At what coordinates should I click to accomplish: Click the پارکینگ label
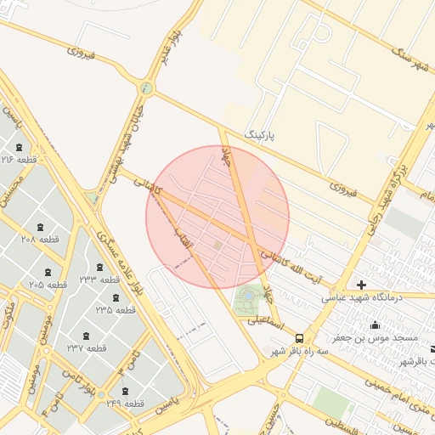(x=261, y=135)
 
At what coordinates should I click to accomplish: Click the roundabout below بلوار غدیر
(x=148, y=88)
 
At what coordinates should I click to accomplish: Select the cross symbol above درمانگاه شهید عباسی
(x=362, y=285)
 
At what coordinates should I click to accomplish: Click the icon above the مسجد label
(x=375, y=325)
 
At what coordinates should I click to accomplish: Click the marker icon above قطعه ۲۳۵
(x=116, y=297)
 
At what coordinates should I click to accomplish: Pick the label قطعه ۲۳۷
(x=87, y=348)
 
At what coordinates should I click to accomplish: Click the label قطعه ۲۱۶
(x=19, y=161)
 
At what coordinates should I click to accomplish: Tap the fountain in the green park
(x=247, y=296)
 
